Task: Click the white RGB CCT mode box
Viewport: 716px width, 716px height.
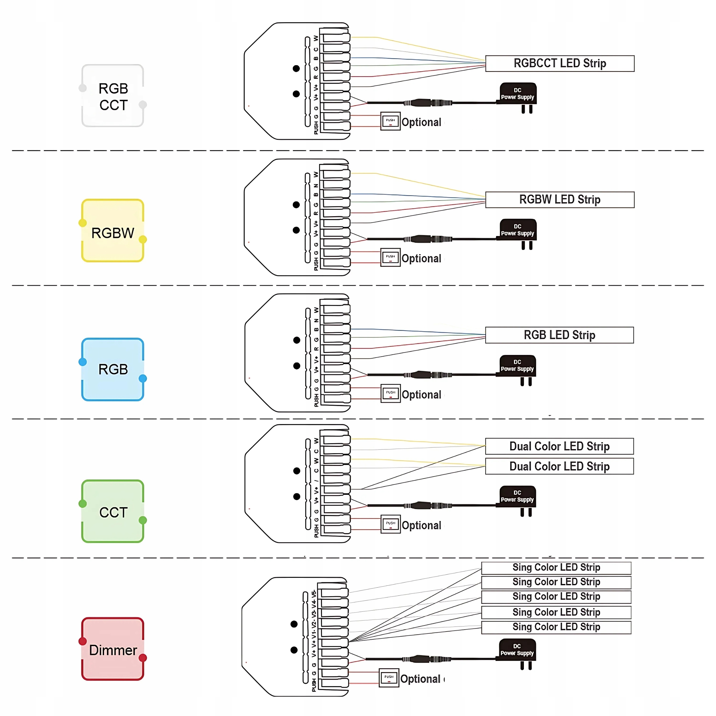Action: (113, 96)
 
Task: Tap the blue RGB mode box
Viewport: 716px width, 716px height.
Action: (113, 369)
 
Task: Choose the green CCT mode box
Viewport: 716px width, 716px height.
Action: (113, 512)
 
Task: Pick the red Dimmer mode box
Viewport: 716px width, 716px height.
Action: (113, 649)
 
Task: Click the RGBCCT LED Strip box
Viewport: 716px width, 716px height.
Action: (560, 63)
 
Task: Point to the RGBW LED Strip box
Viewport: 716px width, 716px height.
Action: (560, 199)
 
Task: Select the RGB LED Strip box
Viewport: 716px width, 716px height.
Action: (559, 335)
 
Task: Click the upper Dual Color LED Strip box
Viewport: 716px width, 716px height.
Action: (559, 446)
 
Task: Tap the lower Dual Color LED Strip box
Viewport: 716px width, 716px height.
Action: (559, 466)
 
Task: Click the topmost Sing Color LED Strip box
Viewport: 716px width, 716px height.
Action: (556, 567)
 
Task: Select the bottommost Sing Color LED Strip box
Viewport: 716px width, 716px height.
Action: (556, 627)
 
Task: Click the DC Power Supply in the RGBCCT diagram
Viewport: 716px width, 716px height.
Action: (518, 94)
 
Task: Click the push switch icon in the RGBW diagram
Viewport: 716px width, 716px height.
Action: (390, 257)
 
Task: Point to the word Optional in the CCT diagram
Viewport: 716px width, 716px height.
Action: (421, 525)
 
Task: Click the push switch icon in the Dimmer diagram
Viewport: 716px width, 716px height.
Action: (389, 678)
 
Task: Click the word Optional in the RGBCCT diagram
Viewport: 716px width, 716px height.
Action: (421, 122)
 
